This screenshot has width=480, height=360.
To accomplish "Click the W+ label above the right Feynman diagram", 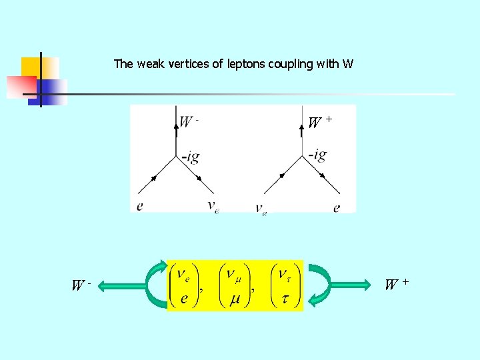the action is pos(319,122).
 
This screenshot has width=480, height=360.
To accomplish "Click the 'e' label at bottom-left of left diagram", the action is pos(139,207).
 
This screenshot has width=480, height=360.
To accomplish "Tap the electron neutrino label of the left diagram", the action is pos(213,207).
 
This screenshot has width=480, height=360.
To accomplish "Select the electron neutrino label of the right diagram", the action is pos(261,209).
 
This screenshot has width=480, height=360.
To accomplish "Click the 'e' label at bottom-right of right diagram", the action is pos(336,207).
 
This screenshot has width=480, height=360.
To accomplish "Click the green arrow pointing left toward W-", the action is pos(124,286).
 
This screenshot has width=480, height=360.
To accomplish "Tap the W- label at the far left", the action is pos(80,286).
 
